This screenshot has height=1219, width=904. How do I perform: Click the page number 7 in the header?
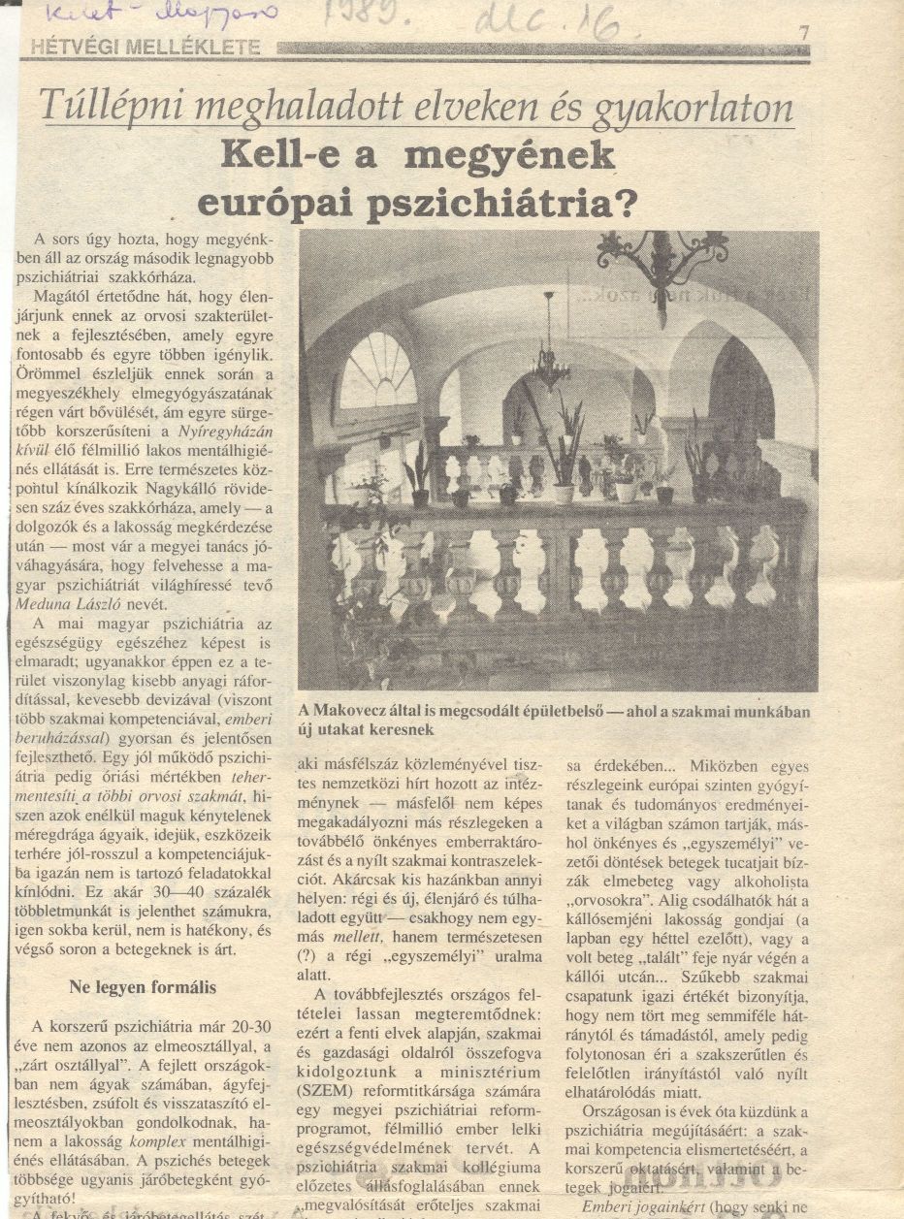pyautogui.click(x=803, y=33)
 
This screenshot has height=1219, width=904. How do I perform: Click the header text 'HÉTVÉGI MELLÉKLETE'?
pyautogui.click(x=145, y=47)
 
